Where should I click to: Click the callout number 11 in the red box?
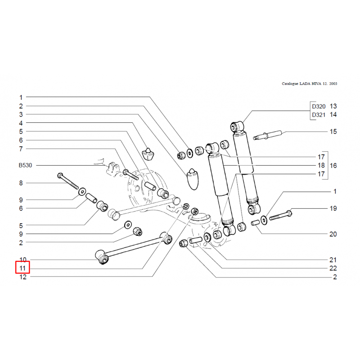pos(23,269)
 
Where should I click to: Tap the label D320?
pos(318,107)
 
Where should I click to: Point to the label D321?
pos(318,115)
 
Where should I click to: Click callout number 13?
pos(333,107)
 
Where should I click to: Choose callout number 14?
pos(333,115)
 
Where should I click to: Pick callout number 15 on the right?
pos(333,132)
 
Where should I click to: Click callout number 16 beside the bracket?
pos(333,166)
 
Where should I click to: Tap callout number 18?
pos(321,166)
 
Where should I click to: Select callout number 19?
pos(333,208)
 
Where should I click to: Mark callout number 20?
pos(333,234)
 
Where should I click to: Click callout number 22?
pos(333,268)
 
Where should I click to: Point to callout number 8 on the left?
pos(20,183)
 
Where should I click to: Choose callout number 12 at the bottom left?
pos(23,277)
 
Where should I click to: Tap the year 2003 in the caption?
pos(333,84)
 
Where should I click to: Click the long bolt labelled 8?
pos(68,181)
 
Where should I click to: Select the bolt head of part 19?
pos(289,211)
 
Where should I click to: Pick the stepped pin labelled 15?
pos(269,135)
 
